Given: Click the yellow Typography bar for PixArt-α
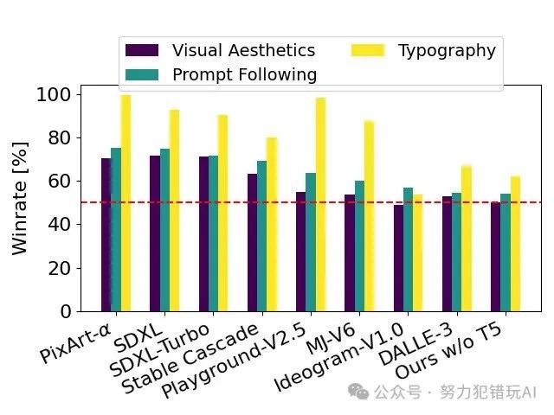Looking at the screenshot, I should pos(126,203).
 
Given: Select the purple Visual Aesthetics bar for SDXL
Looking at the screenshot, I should pos(154,233).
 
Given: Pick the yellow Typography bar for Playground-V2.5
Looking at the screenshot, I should pos(320,205).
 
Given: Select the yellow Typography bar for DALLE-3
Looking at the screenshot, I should pos(467,239).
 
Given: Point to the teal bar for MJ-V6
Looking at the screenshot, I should pos(359,246).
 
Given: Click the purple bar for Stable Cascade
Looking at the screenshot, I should pos(252,243).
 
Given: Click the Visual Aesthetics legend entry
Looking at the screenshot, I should pos(242,50).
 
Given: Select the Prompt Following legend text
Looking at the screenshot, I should pos(244,74).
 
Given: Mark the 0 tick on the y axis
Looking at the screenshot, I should pos(70,311).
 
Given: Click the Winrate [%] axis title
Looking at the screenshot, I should pos(21,202).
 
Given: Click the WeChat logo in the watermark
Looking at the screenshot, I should pos(358,392).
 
